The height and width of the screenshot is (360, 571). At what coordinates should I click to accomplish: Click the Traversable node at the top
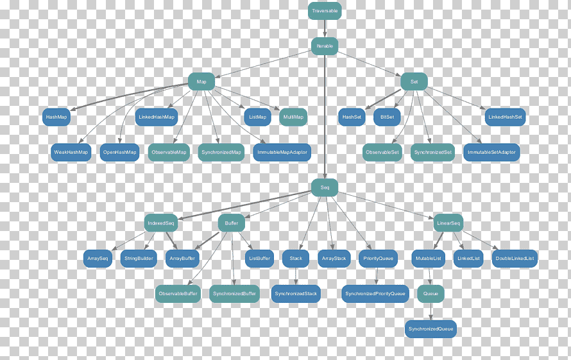pos(325,11)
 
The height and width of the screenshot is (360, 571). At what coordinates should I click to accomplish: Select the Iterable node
pos(325,46)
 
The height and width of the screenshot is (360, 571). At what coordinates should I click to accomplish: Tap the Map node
pos(201,81)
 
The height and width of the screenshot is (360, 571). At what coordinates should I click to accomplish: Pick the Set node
pos(414,81)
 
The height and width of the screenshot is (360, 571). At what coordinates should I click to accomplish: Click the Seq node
pos(325,187)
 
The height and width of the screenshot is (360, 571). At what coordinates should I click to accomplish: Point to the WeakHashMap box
pos(71,152)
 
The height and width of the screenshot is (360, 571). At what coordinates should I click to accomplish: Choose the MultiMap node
pos(293,117)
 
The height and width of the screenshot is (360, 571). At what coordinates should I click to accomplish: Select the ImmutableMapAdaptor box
pos(282,152)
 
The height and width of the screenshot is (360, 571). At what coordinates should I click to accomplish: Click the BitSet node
pos(387,117)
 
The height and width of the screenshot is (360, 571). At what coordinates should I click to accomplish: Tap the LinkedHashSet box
pos(505,117)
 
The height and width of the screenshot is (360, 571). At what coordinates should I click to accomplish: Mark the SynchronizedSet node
pos(432,152)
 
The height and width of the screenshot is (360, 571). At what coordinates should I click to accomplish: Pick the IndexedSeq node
pos(161,223)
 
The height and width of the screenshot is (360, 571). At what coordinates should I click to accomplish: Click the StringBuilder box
pos(139,259)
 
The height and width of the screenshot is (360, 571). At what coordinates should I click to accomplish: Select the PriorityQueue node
pos(378,259)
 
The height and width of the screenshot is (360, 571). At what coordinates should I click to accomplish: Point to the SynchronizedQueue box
pos(430,329)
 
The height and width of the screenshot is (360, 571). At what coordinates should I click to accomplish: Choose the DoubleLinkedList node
pos(515,259)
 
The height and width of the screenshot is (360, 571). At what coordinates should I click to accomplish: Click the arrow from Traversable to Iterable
pos(325,29)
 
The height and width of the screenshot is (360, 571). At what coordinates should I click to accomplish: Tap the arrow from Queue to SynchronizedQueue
pos(430,311)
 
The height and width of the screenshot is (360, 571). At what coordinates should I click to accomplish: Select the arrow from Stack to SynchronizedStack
pos(296,276)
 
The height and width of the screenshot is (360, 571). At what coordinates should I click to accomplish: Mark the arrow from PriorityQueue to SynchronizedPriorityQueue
pos(377,276)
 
